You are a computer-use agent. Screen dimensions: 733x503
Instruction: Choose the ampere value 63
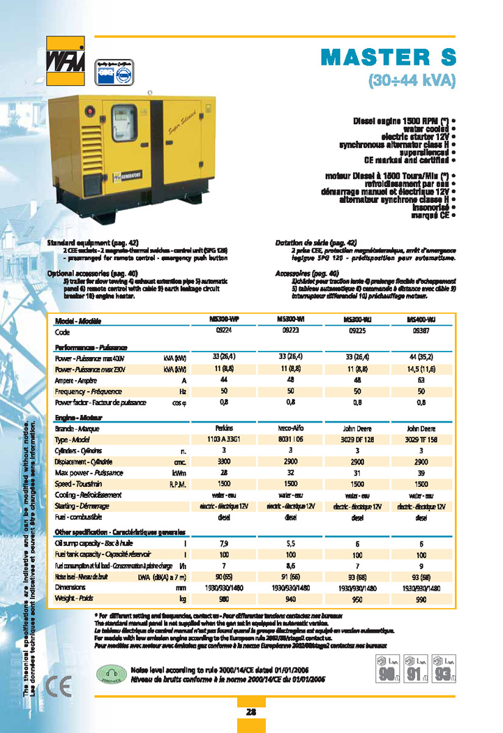(x=421, y=381)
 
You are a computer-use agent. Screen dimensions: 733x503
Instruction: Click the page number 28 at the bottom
(x=250, y=711)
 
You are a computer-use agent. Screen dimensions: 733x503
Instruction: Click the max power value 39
(x=421, y=473)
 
